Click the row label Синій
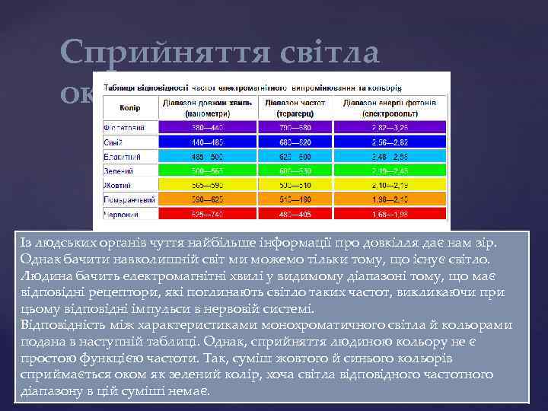115,142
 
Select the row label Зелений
118,170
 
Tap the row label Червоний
120,215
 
